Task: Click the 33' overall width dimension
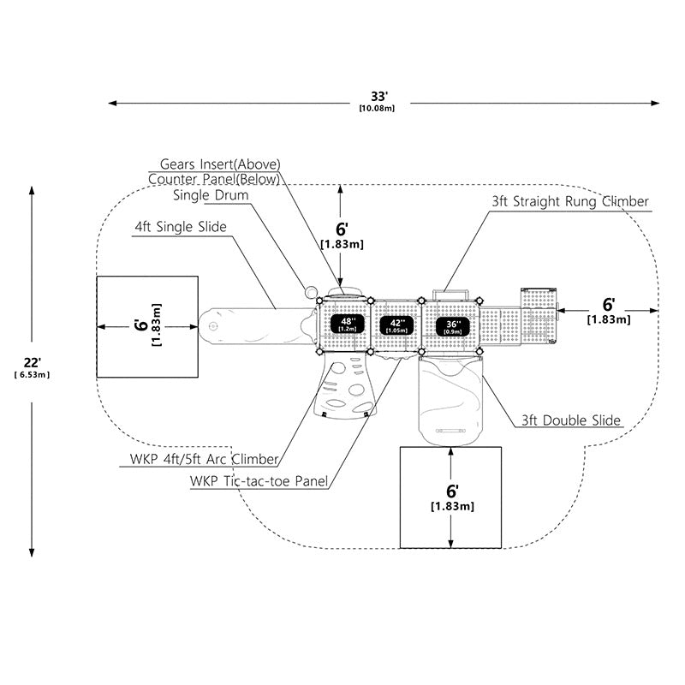[379, 96]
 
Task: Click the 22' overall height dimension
[33, 362]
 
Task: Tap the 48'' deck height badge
[348, 324]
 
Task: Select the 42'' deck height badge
[396, 325]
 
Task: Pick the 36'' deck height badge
[453, 326]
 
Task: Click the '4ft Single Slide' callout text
[181, 227]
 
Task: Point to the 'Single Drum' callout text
[211, 195]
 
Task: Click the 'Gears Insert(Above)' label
[220, 164]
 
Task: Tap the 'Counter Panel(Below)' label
[214, 179]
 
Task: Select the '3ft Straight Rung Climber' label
[570, 201]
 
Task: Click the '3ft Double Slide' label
[571, 420]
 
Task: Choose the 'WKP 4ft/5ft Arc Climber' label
[204, 459]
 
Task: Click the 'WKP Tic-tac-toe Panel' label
[259, 481]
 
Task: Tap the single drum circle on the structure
[311, 292]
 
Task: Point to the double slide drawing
[450, 400]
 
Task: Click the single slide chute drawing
[257, 326]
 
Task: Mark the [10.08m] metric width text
[377, 108]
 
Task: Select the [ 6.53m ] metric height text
[33, 375]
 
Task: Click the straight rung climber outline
[450, 295]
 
